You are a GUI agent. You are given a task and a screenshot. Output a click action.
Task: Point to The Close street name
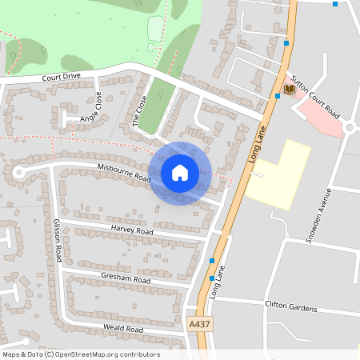pos(141,111)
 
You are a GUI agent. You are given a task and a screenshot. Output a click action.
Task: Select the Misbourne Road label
pos(124,171)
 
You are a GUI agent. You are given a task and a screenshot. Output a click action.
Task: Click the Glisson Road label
pos(58,239)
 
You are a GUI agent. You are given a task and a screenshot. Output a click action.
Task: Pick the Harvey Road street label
pos(132,230)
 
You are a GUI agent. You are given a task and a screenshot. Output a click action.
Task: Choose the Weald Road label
pos(123,329)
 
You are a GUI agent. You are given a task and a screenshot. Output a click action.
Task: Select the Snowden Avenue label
pos(322,216)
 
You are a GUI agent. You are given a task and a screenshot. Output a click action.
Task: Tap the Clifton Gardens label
pos(291,307)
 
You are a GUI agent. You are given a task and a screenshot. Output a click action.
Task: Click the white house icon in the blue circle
pos(180,172)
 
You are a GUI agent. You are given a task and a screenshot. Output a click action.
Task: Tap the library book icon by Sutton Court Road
pos(290,90)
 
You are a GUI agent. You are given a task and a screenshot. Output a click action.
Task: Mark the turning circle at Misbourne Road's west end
pos(18,171)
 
